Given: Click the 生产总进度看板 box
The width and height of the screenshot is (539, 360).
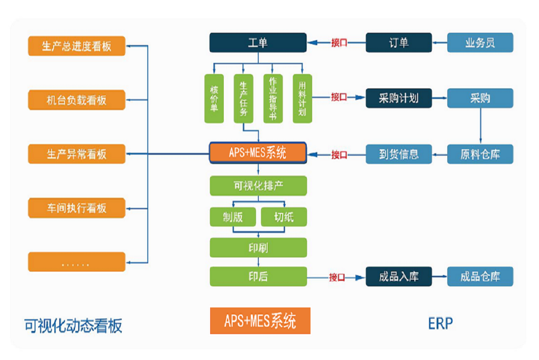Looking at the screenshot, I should pos(76,46).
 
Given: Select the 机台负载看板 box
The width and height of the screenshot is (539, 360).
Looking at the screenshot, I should pos(76,100).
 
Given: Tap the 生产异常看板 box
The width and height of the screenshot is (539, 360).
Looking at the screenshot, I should pos(76,154).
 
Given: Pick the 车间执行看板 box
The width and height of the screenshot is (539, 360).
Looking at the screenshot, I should pos(76,208).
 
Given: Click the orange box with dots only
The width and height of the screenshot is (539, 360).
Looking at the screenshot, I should pos(76,262).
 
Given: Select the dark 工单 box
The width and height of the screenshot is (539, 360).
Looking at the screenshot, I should pos(258,43).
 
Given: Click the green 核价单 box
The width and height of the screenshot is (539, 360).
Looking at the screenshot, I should pos(214,99).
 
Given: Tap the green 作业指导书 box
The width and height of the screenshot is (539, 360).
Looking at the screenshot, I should pos(273,99).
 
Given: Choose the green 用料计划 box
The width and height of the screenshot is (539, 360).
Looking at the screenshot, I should pos(302,99).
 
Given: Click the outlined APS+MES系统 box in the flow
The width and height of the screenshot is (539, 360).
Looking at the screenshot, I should pos(258,153).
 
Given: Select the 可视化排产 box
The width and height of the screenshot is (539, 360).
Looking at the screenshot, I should pos(258,185).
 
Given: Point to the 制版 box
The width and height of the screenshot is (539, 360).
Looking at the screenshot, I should pos(233,217).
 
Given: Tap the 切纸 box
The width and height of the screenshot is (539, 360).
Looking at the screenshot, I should pos(284,217).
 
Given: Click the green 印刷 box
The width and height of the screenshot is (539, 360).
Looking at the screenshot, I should pos(258,247).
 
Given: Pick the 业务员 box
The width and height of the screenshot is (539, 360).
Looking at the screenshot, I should pos(480,43).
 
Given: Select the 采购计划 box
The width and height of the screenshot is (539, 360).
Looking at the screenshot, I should pos(398,98).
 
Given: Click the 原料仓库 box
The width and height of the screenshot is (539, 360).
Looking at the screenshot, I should pos(480,154).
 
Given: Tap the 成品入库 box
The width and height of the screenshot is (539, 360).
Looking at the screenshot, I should pos(398,277).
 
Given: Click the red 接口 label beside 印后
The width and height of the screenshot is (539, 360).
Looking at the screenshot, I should pos(337,277).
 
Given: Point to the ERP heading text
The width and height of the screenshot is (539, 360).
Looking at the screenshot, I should pos(440,323).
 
